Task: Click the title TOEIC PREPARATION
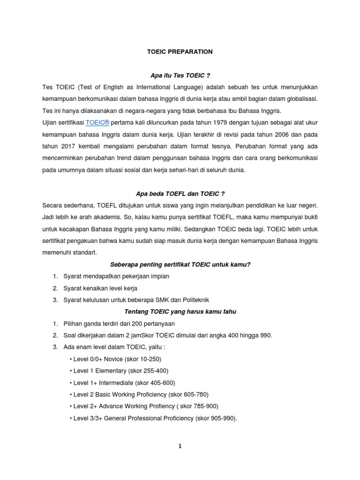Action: click(x=180, y=52)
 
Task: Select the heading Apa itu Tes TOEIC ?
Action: click(x=180, y=75)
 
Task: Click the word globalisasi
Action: click(x=299, y=99)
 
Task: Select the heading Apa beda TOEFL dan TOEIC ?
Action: click(x=180, y=193)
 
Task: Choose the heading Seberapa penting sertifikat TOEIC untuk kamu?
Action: click(x=180, y=264)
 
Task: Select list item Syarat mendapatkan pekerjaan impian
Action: click(x=116, y=277)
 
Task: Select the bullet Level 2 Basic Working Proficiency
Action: click(x=139, y=394)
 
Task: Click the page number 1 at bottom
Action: click(x=180, y=446)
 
